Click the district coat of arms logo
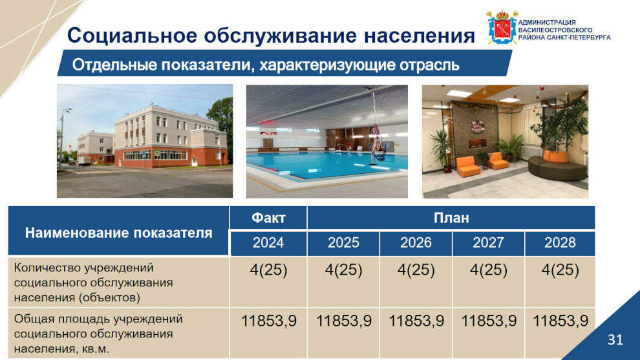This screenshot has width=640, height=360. click(x=502, y=27)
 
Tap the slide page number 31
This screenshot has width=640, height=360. click(x=615, y=339)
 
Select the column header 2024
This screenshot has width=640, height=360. click(x=268, y=243)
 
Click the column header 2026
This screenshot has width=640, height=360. click(x=416, y=243)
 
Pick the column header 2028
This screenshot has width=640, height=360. click(x=560, y=243)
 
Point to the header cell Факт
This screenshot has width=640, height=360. click(x=268, y=218)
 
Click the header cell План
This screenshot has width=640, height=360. click(x=451, y=218)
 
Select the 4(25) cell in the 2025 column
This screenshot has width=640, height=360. click(x=343, y=270)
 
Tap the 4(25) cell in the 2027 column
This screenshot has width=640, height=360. click(x=488, y=270)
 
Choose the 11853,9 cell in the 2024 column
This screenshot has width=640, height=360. click(x=268, y=321)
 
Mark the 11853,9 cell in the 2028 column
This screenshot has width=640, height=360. click(x=560, y=321)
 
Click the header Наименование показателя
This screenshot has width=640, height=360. click(x=118, y=233)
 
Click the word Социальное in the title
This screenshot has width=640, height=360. click(x=133, y=35)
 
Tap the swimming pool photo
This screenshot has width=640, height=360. click(x=326, y=142)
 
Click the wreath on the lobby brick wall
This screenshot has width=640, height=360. click(x=477, y=127)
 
